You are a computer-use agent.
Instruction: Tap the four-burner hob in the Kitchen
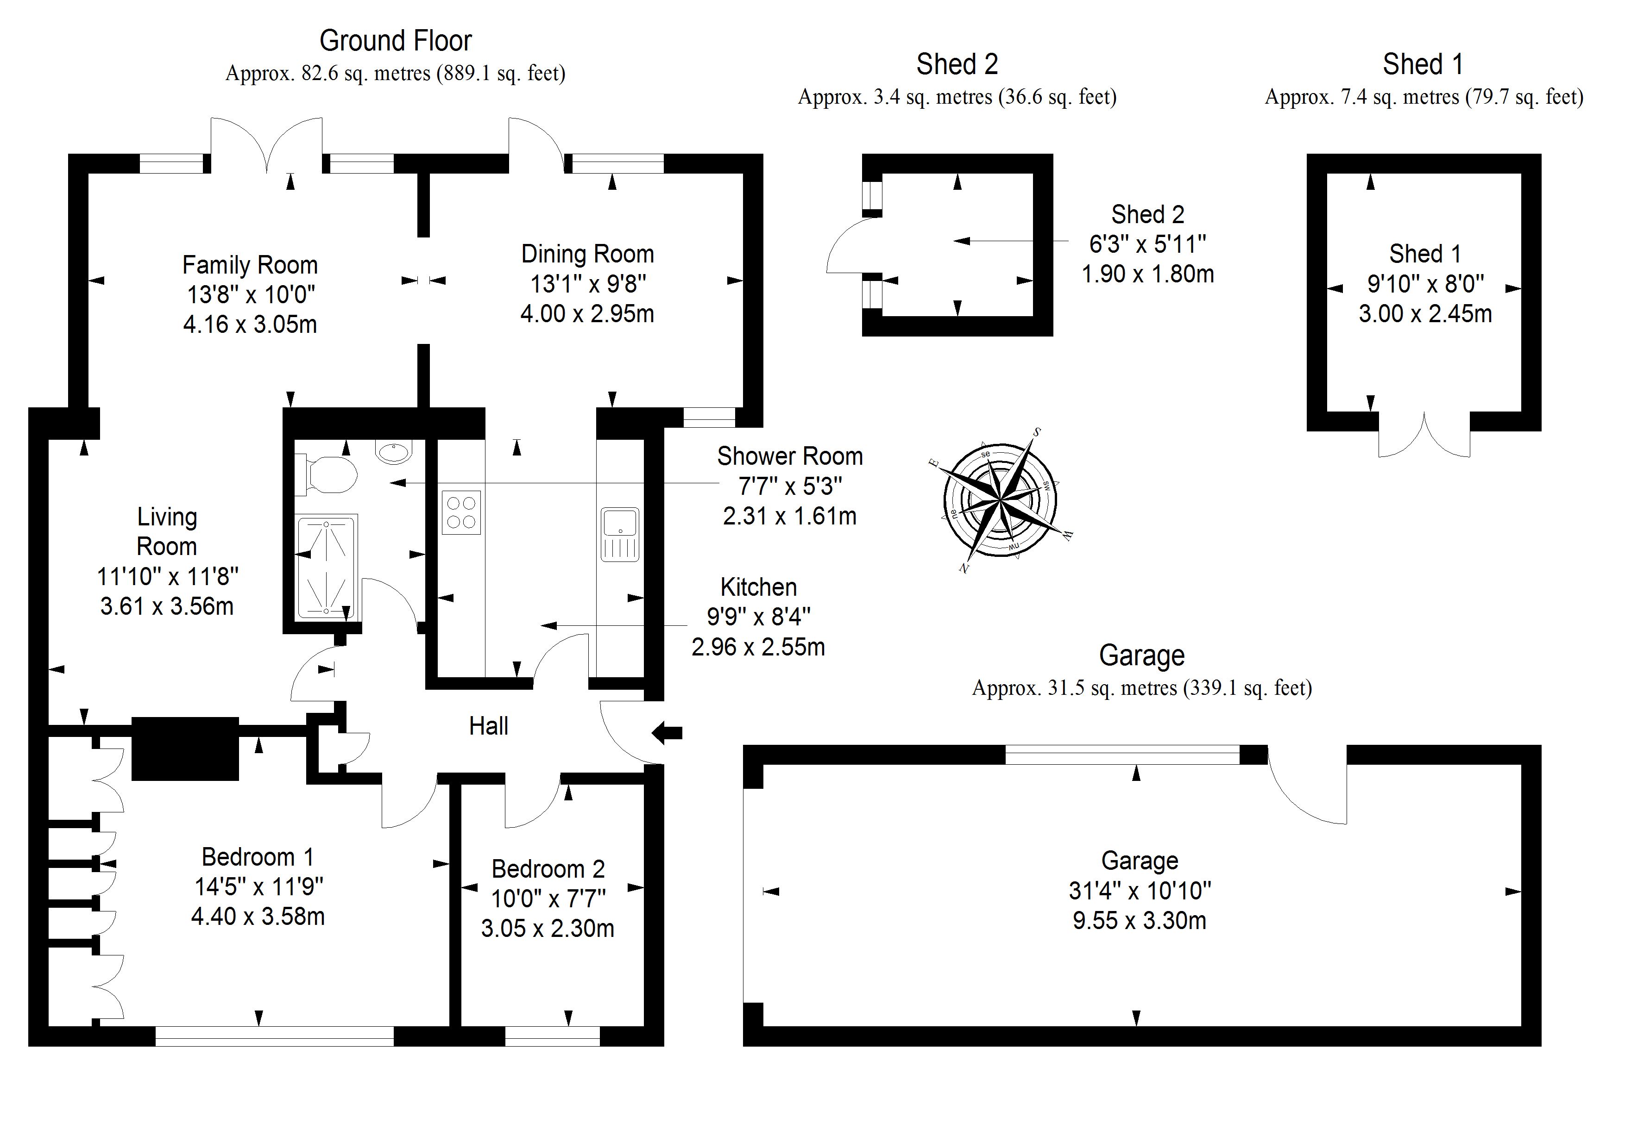[461, 512]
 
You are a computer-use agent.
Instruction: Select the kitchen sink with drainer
[620, 534]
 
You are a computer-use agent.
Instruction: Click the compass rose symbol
[1001, 501]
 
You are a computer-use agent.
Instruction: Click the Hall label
[488, 726]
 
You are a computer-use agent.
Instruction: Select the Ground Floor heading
[395, 41]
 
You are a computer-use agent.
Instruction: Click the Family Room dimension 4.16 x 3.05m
[250, 324]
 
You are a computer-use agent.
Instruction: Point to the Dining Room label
[587, 254]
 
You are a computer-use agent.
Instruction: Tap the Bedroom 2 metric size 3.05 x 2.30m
[548, 928]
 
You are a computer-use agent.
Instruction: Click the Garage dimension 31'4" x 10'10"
[1140, 891]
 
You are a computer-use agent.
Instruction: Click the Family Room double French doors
[266, 145]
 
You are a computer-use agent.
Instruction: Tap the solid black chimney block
[185, 749]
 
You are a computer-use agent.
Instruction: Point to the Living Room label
[167, 531]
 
